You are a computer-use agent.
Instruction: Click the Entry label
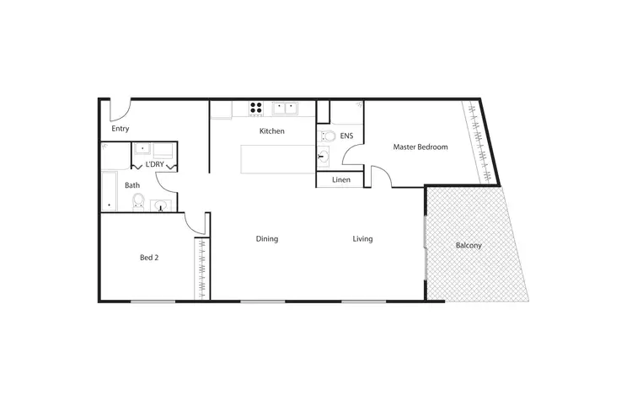click(x=121, y=129)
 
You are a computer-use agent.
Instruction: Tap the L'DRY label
click(x=155, y=164)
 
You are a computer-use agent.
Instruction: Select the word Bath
click(x=132, y=185)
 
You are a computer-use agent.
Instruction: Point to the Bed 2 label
click(x=148, y=258)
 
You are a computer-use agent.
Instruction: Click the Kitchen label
click(x=271, y=131)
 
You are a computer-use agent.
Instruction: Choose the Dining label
click(x=267, y=239)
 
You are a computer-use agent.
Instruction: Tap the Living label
click(x=362, y=239)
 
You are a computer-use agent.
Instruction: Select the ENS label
click(x=346, y=136)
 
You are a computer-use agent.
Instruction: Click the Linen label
click(x=341, y=179)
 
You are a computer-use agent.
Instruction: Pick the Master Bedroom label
click(x=420, y=147)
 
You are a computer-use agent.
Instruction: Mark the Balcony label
click(x=469, y=246)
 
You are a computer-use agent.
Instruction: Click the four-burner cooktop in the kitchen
click(x=255, y=108)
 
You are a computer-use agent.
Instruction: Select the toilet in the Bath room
click(x=138, y=201)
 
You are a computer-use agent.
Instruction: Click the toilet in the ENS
click(x=328, y=136)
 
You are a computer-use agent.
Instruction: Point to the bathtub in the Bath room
click(x=108, y=191)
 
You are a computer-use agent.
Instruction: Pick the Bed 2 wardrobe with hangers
click(x=201, y=268)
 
